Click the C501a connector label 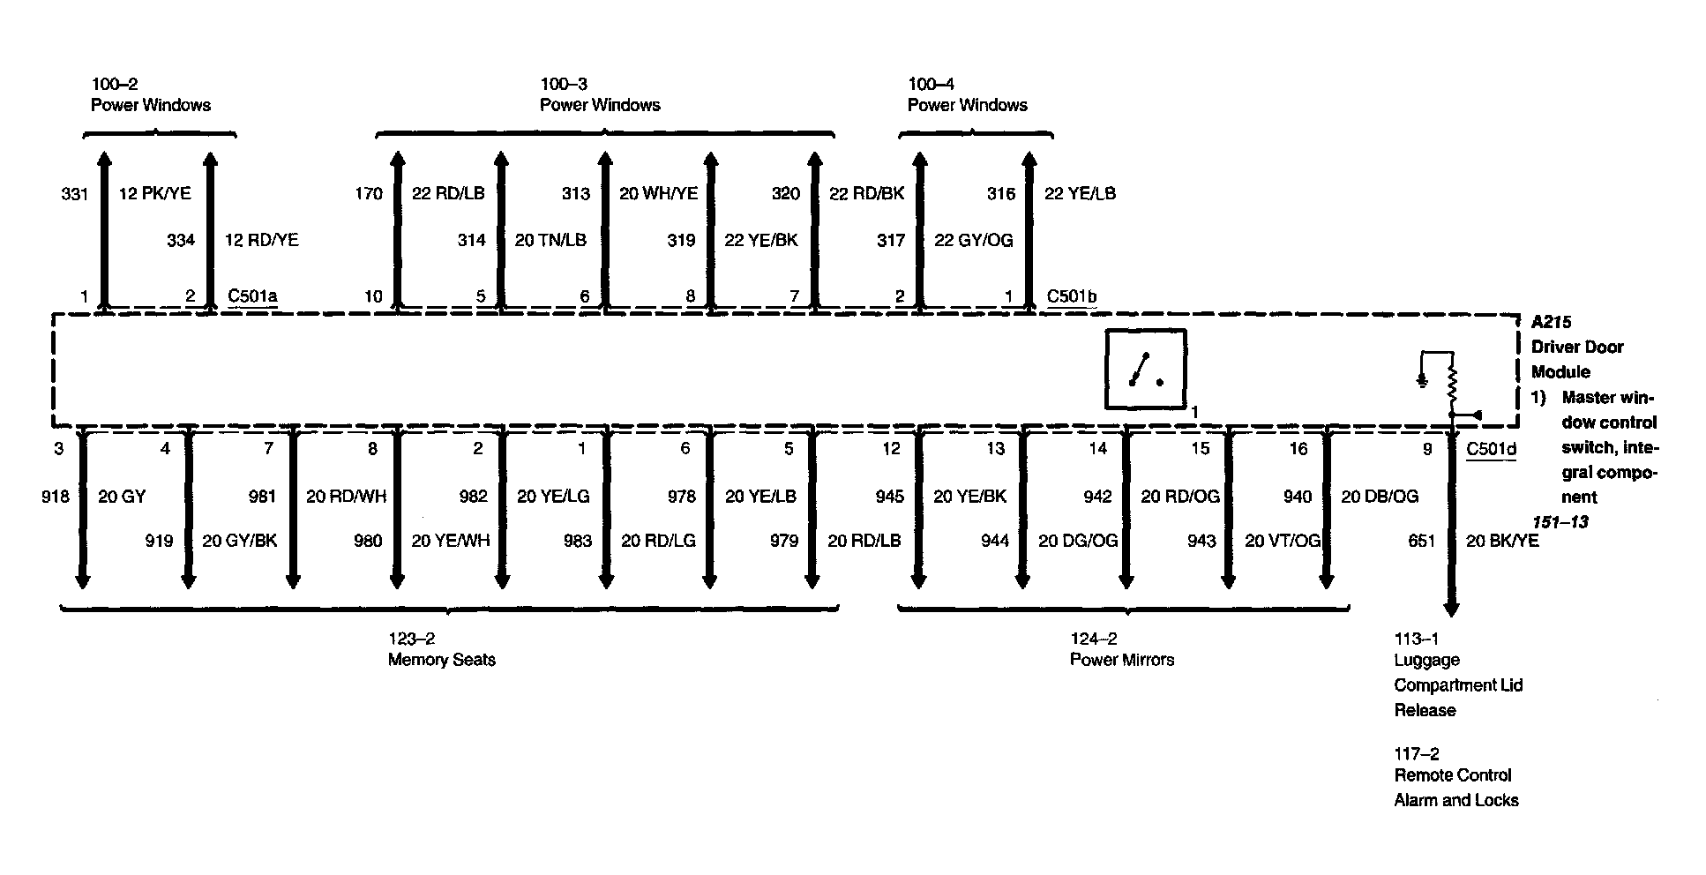point(252,296)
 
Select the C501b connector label point(1072,296)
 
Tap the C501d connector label point(1491,450)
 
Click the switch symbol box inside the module point(1146,370)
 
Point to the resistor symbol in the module point(1450,382)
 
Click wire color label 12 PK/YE point(154,193)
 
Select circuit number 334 point(181,240)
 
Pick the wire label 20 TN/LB point(550,240)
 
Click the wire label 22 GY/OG point(974,240)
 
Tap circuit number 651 point(1422,541)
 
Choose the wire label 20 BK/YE point(1502,541)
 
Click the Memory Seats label point(442,660)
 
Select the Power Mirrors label point(1122,660)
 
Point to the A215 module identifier point(1551,322)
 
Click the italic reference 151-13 point(1560,522)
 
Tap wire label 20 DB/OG point(1380,497)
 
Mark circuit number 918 point(56,497)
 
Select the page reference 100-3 point(564,85)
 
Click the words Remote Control point(1453,775)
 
